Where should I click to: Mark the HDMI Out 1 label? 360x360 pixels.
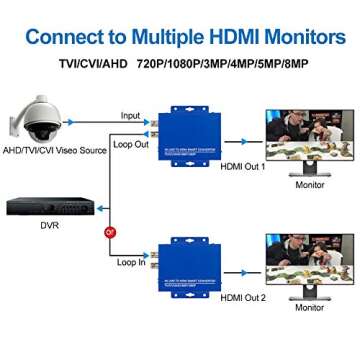click(244, 167)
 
